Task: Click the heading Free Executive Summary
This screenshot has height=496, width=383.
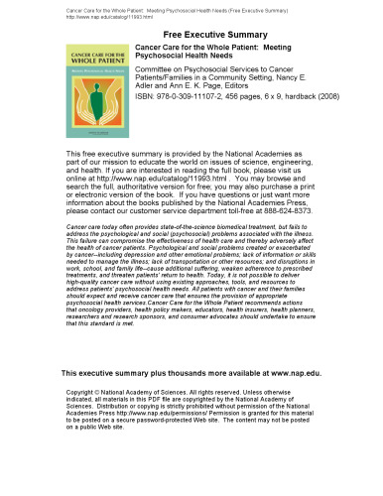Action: pyautogui.click(x=191, y=34)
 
